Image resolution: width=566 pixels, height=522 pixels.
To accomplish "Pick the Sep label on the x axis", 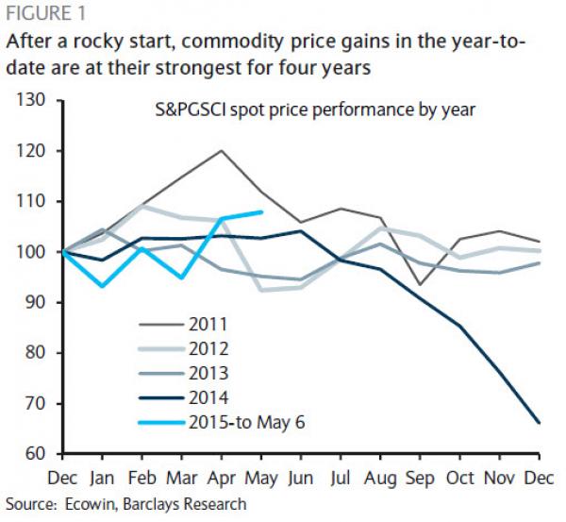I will [x=421, y=480].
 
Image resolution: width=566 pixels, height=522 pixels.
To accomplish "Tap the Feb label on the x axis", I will [x=141, y=480].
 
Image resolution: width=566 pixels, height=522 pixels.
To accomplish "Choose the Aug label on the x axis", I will [x=381, y=480].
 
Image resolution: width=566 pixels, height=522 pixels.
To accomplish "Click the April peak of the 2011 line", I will [x=221, y=150].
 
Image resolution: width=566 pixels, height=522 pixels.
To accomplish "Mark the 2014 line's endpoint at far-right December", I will [x=540, y=423].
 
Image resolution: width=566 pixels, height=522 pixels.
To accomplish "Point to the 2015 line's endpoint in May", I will [x=260, y=212].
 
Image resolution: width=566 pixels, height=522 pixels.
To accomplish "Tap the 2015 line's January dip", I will [x=103, y=286].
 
